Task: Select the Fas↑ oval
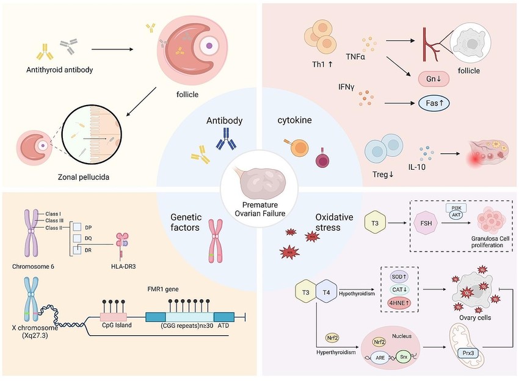coord(438,104)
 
